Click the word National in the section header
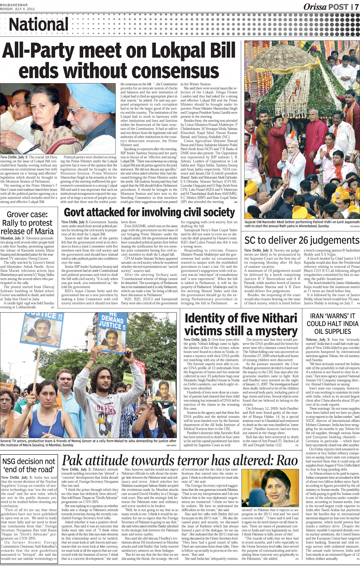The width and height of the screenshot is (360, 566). [38, 24]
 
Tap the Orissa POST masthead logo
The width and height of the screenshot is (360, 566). [326, 6]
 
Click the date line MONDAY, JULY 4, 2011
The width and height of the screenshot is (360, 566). [18, 8]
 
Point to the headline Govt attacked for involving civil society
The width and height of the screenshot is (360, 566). [149, 212]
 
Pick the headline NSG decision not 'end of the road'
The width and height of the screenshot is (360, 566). [29, 465]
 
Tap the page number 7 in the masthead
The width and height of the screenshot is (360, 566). [356, 6]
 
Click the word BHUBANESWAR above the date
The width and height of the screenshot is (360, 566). [14, 5]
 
